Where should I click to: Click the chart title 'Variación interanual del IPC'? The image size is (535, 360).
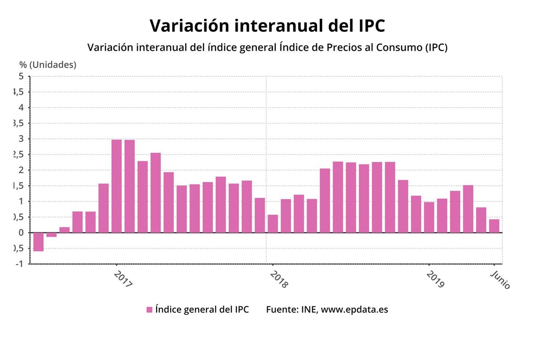[x=267, y=25]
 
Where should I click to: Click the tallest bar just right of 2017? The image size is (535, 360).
[x=116, y=186]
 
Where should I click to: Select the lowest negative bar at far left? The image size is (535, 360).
[x=38, y=242]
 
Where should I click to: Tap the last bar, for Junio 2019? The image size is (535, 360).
[x=494, y=226]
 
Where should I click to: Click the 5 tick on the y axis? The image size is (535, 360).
[x=21, y=76]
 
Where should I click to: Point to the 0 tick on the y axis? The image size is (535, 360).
[x=21, y=233]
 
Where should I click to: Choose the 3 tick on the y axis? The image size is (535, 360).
[x=21, y=139]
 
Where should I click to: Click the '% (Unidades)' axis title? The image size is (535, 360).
[x=48, y=65]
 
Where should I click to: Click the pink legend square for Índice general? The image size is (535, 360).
[x=149, y=310]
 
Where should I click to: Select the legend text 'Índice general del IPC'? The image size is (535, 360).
[x=202, y=309]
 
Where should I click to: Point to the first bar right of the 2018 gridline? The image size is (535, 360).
[x=273, y=223]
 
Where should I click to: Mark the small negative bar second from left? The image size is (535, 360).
[x=51, y=235]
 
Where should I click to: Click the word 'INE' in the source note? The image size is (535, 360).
[x=307, y=309]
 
